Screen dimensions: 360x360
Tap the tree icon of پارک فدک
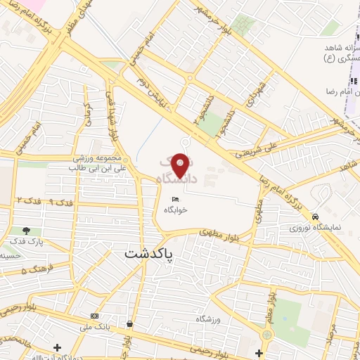click(27, 230)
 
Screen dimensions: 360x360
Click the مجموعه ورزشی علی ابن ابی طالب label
click(98, 165)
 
